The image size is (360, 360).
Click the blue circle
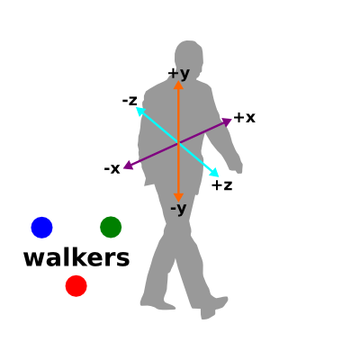41,228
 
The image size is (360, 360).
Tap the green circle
111,227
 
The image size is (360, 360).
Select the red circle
76,286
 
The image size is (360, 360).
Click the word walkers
76,258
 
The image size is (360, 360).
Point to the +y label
179,74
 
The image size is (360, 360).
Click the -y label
178,209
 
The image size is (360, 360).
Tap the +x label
245,118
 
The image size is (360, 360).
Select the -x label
112,168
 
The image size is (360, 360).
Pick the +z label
222,185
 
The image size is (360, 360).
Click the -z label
130,100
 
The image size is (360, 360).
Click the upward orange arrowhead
178,85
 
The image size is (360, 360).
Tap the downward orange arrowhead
178,197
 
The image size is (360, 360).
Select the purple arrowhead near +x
227,121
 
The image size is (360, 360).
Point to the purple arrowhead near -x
129,165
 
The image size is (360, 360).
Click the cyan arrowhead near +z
215,173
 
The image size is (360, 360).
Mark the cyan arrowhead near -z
140,112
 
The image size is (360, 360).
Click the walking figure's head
189,57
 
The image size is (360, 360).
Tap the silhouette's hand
237,166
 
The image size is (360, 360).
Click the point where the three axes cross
178,143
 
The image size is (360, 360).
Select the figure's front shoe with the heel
212,307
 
